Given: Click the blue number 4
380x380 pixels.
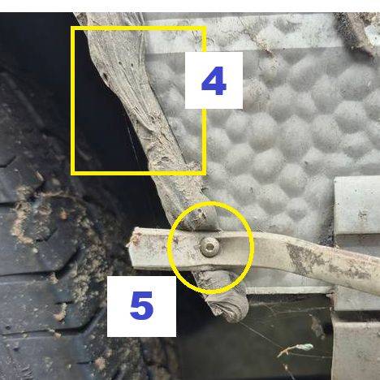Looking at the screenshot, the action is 214,81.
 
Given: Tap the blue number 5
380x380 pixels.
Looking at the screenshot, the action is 141,305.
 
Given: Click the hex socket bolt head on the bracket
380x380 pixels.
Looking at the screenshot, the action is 209,247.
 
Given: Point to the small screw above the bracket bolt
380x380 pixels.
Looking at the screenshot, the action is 200,215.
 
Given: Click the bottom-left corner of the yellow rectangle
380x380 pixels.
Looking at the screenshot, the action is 73,173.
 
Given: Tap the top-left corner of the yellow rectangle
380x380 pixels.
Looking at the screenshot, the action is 73,28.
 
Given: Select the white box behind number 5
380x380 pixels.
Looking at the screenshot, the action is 141,306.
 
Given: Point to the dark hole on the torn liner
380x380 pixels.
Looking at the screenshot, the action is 105,76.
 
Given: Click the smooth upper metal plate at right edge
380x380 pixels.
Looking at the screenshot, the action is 357,205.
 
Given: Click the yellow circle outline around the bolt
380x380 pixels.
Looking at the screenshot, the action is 170,248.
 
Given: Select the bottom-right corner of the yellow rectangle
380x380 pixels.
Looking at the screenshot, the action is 204,173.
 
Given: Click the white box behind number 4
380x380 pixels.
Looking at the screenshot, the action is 214,80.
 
